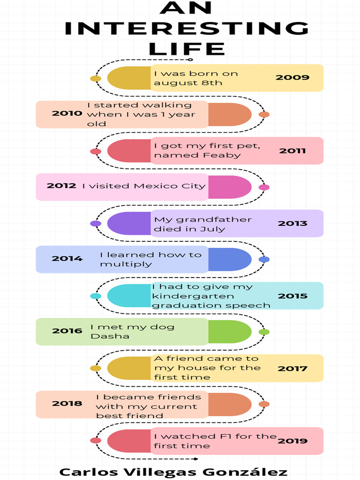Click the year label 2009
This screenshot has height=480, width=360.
(292, 77)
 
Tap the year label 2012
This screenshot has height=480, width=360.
(61, 186)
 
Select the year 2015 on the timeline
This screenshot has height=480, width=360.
(292, 296)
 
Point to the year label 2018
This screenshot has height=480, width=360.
(67, 404)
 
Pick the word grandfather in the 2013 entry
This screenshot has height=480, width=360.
(214, 219)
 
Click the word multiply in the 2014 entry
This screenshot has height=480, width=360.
(126, 264)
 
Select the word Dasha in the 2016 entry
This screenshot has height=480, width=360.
(110, 336)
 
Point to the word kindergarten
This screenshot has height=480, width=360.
(193, 296)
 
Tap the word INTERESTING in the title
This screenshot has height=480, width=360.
(187, 28)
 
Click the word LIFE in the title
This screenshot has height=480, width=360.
(187, 49)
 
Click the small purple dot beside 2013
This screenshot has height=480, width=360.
(96, 224)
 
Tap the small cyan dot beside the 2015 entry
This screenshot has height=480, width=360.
(96, 296)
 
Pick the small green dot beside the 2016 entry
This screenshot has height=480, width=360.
(264, 332)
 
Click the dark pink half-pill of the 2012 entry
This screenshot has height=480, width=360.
(230, 187)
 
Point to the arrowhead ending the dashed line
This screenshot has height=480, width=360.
(196, 458)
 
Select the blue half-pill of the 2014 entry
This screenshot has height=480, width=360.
(230, 260)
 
